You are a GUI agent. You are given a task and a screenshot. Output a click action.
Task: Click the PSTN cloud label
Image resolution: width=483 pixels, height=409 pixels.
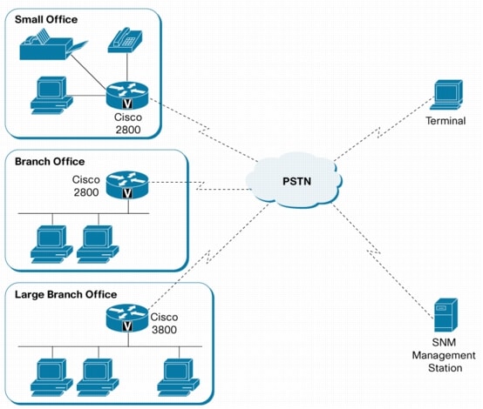[x=296, y=181]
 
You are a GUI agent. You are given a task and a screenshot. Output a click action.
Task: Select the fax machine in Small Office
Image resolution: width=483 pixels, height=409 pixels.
[x=53, y=44]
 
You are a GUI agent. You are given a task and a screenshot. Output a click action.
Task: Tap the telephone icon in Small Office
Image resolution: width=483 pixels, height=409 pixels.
[x=125, y=40]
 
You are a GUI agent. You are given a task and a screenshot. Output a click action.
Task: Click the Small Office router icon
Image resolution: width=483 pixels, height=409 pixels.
[x=127, y=95]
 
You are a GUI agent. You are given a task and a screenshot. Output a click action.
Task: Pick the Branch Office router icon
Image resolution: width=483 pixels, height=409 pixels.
[x=127, y=184]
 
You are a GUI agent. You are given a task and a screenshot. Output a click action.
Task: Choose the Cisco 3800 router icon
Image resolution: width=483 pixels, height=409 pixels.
[x=127, y=318]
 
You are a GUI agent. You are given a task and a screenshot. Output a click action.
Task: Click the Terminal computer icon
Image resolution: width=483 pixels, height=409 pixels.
[x=446, y=95]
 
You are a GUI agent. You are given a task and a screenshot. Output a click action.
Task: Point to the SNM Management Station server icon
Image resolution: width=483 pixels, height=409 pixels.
[x=446, y=315]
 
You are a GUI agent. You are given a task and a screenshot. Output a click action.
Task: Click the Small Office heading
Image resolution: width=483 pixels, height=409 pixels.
[x=46, y=20]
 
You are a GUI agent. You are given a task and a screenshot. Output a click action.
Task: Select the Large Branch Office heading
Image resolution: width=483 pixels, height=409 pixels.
[x=66, y=295]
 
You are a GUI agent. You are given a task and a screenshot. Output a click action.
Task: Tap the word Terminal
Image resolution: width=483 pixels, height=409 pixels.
[x=446, y=121]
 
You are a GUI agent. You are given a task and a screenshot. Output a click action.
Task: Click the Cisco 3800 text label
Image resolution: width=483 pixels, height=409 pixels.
[x=164, y=323]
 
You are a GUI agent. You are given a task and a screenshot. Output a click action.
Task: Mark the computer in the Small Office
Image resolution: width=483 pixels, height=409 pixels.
[x=51, y=96]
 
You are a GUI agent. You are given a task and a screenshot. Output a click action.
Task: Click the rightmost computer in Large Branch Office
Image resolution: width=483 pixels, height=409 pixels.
[x=179, y=378]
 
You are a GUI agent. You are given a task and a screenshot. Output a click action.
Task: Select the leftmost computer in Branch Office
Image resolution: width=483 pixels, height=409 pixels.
[x=51, y=245]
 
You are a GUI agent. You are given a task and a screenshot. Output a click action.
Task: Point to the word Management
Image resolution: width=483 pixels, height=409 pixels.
[x=444, y=355]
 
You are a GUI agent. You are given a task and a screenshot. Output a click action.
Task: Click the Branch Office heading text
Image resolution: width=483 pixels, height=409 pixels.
[x=50, y=162]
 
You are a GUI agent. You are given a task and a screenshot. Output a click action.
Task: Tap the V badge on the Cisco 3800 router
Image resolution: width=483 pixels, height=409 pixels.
[x=127, y=326]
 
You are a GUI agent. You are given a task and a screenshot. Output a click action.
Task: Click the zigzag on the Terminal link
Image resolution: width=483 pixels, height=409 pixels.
[x=379, y=133]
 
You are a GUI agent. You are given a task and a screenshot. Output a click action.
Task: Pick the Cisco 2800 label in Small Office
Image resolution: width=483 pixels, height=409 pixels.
[x=128, y=124]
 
